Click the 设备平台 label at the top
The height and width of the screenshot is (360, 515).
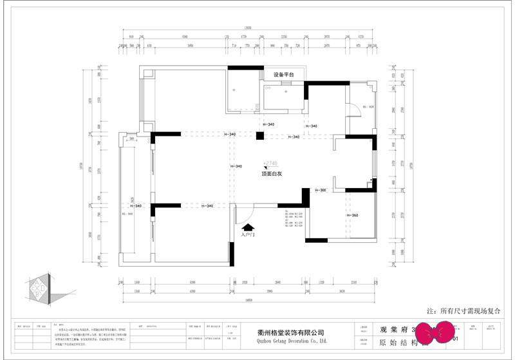point(283,75)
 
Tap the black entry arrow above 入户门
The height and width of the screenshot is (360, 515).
point(248,226)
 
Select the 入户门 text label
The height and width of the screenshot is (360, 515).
point(248,235)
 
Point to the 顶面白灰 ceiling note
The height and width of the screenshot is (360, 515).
point(272,174)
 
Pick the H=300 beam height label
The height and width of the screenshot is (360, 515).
point(320,191)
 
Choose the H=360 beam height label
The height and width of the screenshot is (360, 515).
point(351,215)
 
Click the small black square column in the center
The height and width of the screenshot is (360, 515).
point(259,136)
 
